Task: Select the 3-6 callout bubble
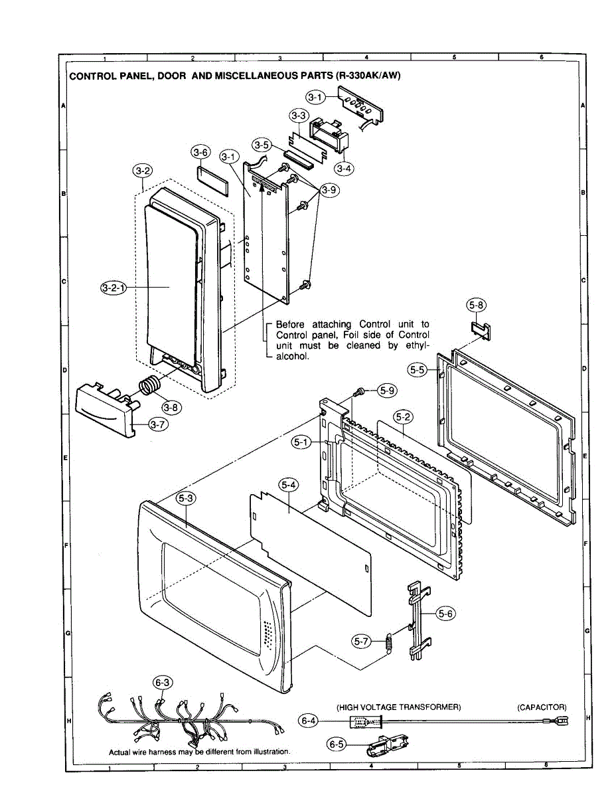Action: click(200, 152)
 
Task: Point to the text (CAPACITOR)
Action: click(542, 707)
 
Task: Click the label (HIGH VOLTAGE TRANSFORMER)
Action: click(398, 707)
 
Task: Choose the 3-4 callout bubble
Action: click(343, 168)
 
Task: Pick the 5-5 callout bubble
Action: click(418, 370)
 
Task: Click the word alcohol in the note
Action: click(292, 356)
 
